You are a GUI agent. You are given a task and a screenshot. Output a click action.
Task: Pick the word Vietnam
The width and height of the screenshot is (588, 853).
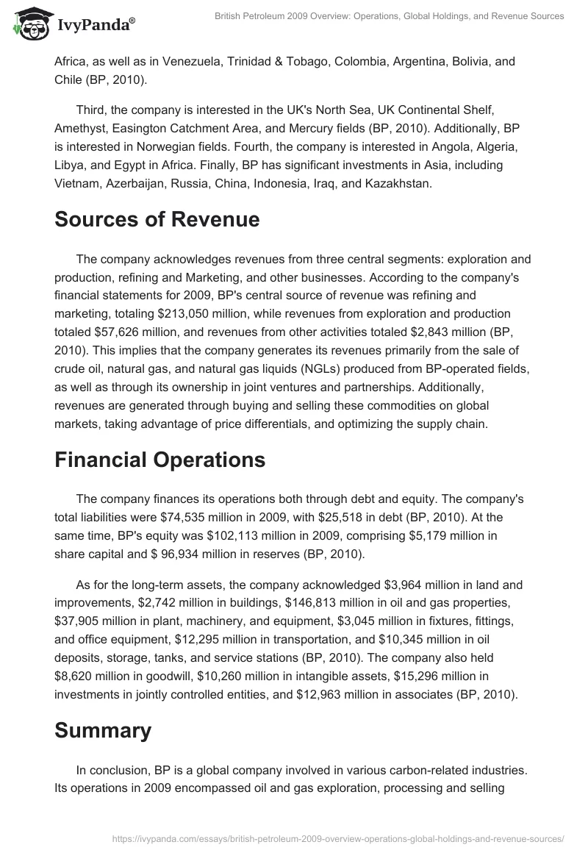coord(78,184)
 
